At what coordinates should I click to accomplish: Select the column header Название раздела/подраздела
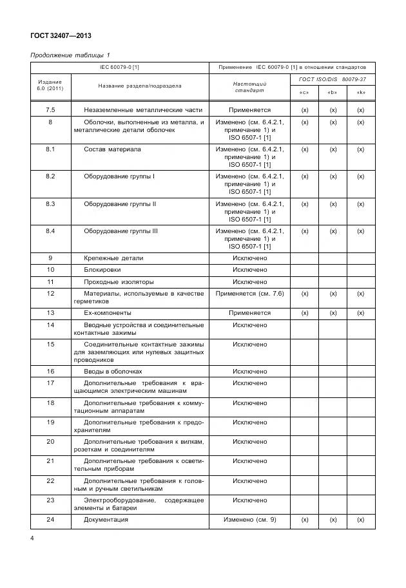click(140, 86)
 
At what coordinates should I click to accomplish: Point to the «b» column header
click(333, 93)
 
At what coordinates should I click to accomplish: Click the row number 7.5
click(50, 111)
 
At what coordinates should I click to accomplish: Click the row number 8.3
click(50, 204)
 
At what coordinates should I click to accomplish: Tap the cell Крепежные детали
click(113, 258)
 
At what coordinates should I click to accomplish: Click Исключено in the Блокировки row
click(249, 269)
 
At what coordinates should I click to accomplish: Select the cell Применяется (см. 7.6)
click(249, 293)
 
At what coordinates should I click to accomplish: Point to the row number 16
click(50, 372)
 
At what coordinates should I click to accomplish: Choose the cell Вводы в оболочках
click(113, 372)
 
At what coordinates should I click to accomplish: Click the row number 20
click(50, 441)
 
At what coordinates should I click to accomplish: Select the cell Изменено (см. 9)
click(249, 519)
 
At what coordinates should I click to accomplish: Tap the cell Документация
click(106, 519)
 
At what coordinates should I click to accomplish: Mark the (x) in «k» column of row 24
click(361, 519)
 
